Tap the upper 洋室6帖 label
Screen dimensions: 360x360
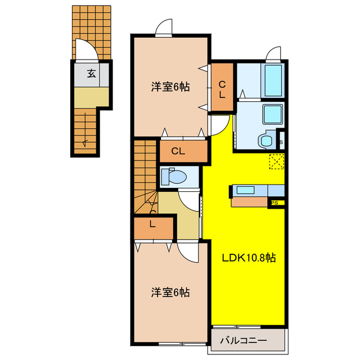coord(169,87)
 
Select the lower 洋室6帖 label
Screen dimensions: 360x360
coord(169,292)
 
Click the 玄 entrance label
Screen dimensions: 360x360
coord(91,73)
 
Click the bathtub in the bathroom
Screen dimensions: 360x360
coord(273,80)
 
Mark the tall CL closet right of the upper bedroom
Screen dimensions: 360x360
coord(222,89)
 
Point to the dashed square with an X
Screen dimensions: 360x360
coord(276,161)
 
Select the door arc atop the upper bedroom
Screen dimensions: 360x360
coord(164,26)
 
